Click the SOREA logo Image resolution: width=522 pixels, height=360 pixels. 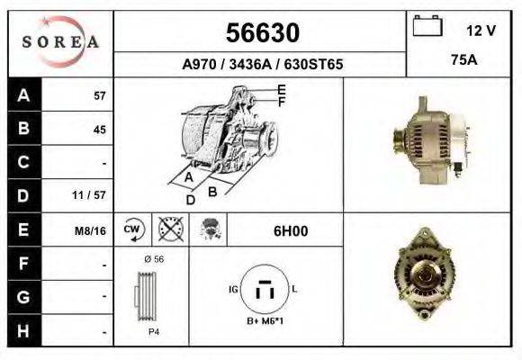(59, 42)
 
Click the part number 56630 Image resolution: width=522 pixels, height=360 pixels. (261, 33)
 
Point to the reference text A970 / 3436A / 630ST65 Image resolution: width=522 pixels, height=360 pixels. (261, 65)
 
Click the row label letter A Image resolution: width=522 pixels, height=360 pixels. (23, 95)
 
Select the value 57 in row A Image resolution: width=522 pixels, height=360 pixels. (100, 96)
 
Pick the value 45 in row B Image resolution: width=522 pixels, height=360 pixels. (100, 130)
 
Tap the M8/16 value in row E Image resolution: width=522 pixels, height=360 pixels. (91, 230)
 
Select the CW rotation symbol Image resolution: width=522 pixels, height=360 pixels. (132, 229)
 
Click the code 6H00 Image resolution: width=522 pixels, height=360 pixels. (290, 230)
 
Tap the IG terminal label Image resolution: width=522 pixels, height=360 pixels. (233, 290)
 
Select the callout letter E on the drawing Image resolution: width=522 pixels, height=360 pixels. (282, 89)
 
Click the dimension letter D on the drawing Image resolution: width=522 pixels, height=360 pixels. (191, 199)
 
